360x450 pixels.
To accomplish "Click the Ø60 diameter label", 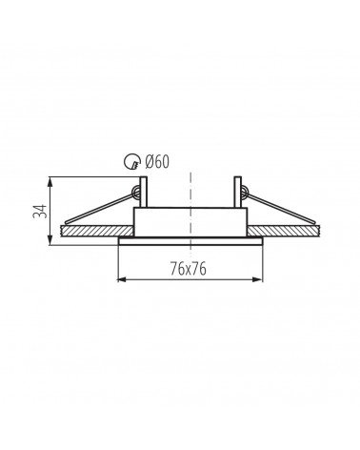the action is click(x=157, y=161).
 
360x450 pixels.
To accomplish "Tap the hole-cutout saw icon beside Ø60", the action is click(x=131, y=161).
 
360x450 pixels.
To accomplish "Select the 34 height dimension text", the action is click(x=40, y=211).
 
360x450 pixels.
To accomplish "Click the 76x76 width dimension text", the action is click(x=189, y=269).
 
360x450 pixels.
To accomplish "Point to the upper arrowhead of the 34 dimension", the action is click(x=50, y=182).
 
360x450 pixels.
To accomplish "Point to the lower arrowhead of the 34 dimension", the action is click(x=50, y=240).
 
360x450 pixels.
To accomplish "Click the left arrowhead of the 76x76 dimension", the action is click(x=123, y=279).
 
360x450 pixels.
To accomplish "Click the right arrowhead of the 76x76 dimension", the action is click(x=257, y=279).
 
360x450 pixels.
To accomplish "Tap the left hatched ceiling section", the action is click(x=97, y=231).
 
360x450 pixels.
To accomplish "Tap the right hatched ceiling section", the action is click(x=284, y=231).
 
